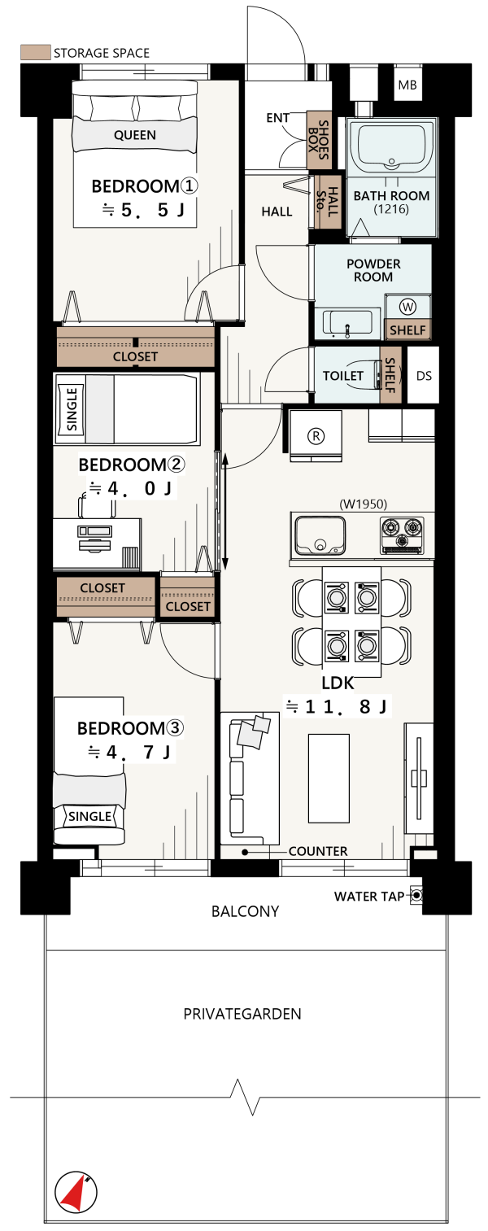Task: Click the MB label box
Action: (x=407, y=84)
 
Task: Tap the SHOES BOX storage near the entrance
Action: (x=319, y=140)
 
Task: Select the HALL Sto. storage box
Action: (x=328, y=203)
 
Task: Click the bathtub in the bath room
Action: (x=392, y=146)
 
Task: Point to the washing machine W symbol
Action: (x=407, y=307)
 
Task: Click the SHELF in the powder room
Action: (x=407, y=330)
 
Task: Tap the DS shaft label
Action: (x=424, y=376)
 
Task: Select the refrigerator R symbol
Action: (x=316, y=436)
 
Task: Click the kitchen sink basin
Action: (x=320, y=535)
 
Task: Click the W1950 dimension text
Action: (x=364, y=504)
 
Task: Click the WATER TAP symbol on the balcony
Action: (x=416, y=895)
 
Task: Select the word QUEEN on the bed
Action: (x=135, y=134)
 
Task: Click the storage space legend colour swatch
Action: (x=36, y=52)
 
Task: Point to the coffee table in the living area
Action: (x=329, y=778)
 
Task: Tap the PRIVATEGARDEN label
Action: (x=242, y=1014)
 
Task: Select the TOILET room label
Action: (x=343, y=376)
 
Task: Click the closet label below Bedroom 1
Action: (x=135, y=356)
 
